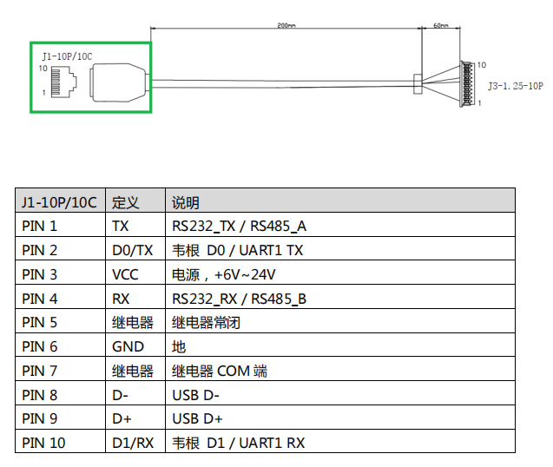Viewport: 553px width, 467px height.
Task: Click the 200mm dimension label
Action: (286, 25)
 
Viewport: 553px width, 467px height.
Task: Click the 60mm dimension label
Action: (440, 25)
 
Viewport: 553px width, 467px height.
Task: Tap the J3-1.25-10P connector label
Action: (516, 86)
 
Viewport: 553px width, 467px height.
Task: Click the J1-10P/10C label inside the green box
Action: (67, 56)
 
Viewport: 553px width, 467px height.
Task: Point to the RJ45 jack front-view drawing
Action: (64, 82)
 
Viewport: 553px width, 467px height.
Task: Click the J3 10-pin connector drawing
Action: (467, 84)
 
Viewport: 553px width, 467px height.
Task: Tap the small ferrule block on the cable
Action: (418, 84)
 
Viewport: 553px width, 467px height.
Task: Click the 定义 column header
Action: (125, 202)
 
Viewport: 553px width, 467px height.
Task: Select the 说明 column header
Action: (186, 202)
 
